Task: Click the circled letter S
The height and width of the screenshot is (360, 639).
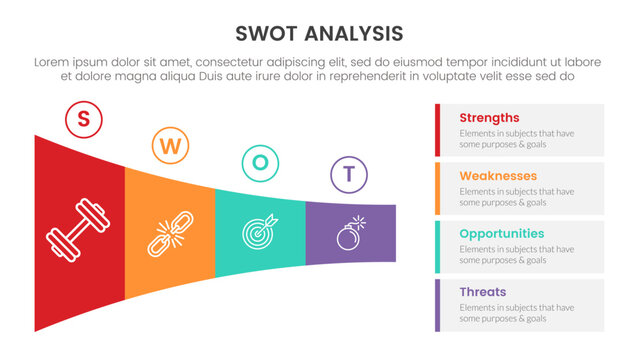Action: pos(83,120)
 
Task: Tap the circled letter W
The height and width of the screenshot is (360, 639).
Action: pos(170,147)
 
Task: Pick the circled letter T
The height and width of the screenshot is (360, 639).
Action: pos(348,174)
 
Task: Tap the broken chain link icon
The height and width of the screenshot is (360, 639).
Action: pos(169,234)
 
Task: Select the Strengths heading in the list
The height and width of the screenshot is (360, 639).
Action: pos(489,118)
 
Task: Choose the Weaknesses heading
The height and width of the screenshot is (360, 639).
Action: pos(498,176)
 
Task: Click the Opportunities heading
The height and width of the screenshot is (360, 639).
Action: pos(502,234)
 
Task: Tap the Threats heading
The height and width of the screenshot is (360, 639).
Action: pos(482,292)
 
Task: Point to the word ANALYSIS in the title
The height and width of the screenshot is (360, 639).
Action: pos(353,33)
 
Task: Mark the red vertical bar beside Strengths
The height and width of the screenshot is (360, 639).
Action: pos(438,130)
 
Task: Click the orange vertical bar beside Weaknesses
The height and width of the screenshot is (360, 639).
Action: pos(438,188)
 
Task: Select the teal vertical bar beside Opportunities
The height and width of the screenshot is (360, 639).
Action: pos(438,246)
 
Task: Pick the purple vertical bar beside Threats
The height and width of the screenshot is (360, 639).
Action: pos(438,305)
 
